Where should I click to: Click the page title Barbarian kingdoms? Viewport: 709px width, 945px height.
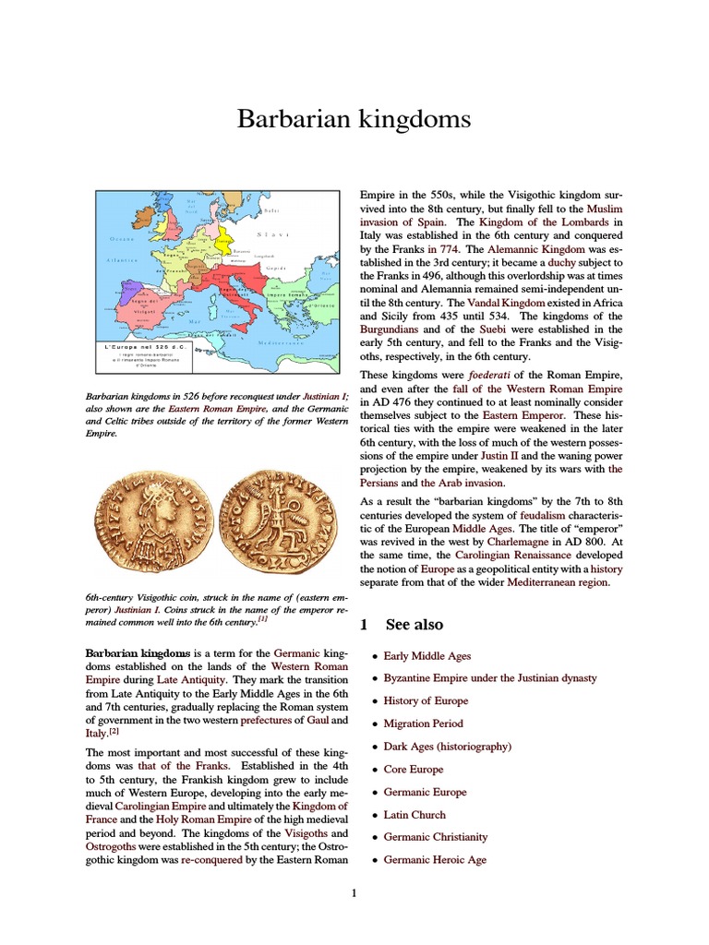coord(354,119)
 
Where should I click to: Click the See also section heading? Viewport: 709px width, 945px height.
coord(415,625)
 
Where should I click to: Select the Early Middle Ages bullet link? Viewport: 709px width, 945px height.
coord(427,656)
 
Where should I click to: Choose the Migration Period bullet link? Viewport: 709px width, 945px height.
coord(423,724)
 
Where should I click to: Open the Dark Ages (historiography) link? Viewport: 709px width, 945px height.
coord(447,747)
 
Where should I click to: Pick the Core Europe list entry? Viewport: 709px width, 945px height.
coord(414,770)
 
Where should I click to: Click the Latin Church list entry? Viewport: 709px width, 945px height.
coord(415,815)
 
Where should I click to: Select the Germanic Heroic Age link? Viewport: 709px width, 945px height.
coord(435,860)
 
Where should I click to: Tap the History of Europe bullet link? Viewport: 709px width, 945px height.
coord(426,701)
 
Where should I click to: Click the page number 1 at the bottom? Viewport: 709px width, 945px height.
coord(354,893)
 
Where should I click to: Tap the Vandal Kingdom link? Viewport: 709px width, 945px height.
coord(506,303)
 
